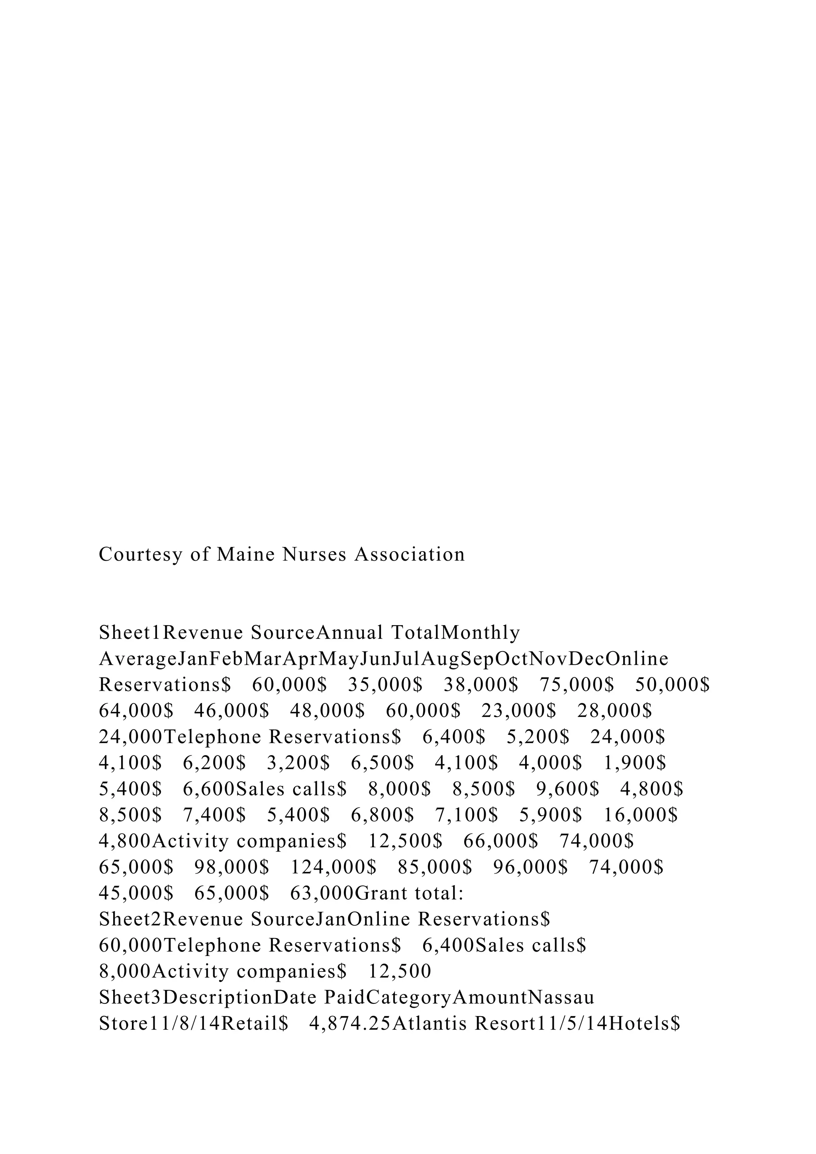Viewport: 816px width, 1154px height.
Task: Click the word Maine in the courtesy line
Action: (x=246, y=554)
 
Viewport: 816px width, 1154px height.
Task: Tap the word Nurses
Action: (x=314, y=554)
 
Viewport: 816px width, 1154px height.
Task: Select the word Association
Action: (x=410, y=554)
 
